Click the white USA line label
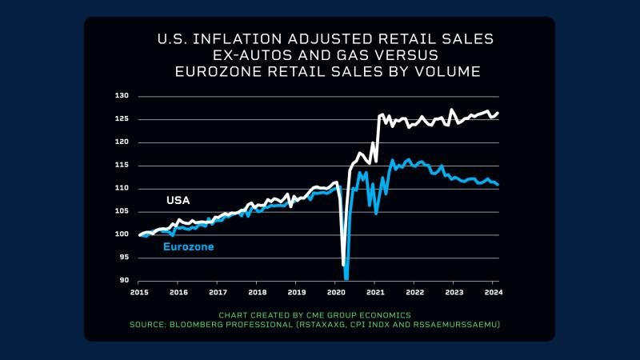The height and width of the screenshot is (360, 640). point(178,200)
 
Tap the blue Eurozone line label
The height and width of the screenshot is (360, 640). point(188,247)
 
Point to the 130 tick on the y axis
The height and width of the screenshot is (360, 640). point(122,96)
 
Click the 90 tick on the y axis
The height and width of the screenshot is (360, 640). point(123,281)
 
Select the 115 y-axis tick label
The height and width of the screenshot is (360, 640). point(122,166)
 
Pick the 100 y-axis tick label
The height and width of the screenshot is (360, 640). point(122,234)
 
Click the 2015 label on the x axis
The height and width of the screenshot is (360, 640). point(138,292)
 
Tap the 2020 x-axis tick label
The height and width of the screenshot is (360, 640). point(335,292)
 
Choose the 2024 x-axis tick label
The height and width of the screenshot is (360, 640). point(493,292)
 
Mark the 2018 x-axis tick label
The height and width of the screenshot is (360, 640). point(257,292)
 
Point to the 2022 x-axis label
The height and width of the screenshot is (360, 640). point(414,292)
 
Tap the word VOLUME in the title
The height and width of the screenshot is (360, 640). point(443,72)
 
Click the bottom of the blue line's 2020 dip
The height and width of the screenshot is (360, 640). point(346,278)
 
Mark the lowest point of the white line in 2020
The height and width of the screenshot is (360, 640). point(343,264)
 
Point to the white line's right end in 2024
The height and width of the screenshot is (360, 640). point(498,113)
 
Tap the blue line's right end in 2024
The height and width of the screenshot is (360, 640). point(498,185)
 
